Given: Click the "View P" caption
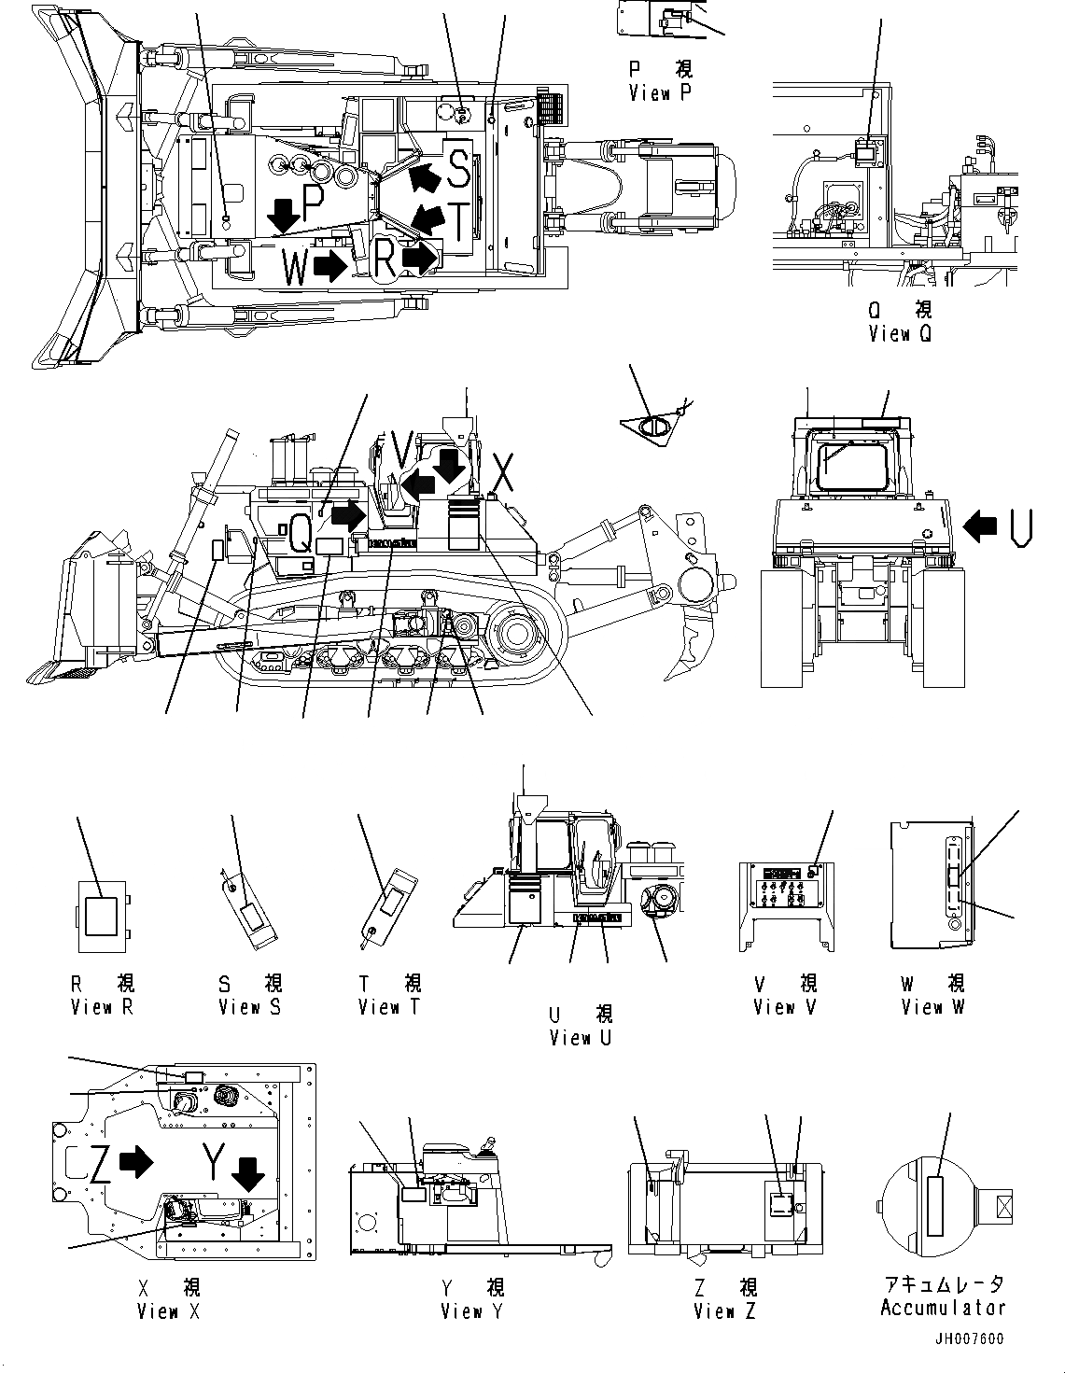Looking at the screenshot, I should pyautogui.click(x=660, y=92).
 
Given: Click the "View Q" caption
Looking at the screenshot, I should pyautogui.click(x=899, y=333).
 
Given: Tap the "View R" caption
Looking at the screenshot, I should pyautogui.click(x=104, y=1007).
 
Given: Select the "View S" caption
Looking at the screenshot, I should pyautogui.click(x=249, y=1007).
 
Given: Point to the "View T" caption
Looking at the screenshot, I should pyautogui.click(x=389, y=1007).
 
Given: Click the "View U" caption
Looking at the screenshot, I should pyautogui.click(x=581, y=1037).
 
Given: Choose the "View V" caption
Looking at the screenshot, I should pyautogui.click(x=785, y=1007).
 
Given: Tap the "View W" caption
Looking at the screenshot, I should pyautogui.click(x=932, y=1007).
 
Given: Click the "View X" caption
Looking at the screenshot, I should pyautogui.click(x=168, y=1311).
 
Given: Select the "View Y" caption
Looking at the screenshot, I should pyautogui.click(x=472, y=1311).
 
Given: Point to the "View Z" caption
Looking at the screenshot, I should pyautogui.click(x=724, y=1311).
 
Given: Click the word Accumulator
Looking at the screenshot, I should pyautogui.click(x=943, y=1309).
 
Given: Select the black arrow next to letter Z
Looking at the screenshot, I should pyautogui.click(x=137, y=1162).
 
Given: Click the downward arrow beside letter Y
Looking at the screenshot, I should pyautogui.click(x=249, y=1173).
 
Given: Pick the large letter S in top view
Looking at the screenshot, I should pyautogui.click(x=458, y=168).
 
